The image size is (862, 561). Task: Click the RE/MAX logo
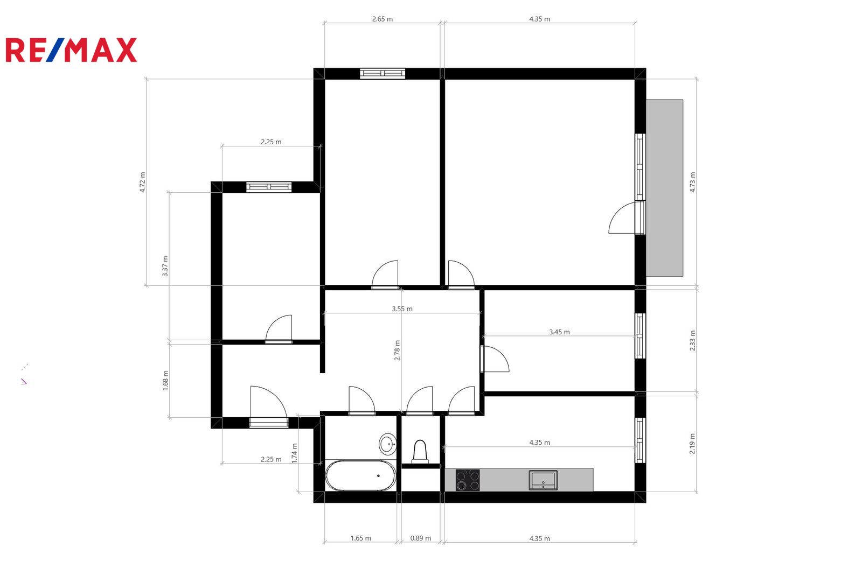coord(71,50)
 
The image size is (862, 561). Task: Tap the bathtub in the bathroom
coord(360,475)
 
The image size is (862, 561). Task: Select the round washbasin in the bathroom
coord(387,444)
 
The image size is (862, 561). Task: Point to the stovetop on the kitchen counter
coord(468,480)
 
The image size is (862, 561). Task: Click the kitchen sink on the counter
coord(543,480)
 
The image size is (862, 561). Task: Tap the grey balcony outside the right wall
coord(664,188)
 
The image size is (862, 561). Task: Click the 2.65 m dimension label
coord(382,19)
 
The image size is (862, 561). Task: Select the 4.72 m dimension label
coord(142,183)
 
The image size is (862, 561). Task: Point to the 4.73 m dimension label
coord(692,183)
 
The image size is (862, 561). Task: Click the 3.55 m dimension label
coord(402,308)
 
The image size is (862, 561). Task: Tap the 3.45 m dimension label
coord(559,332)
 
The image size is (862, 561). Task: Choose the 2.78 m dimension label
coord(397,350)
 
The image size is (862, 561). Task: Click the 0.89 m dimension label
coord(420,538)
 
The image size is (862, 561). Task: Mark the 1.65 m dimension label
coord(360,538)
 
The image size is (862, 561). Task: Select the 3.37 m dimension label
coord(165,266)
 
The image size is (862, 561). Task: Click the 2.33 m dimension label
coord(692,341)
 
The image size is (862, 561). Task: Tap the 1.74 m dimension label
coord(294,453)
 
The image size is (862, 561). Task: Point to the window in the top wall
coord(383,73)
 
